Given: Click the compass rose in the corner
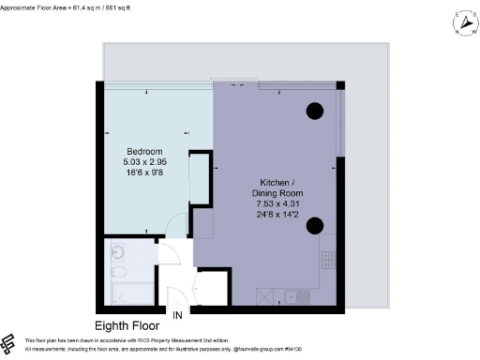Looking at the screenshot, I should [x=460, y=21].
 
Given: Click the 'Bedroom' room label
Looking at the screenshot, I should [x=145, y=152].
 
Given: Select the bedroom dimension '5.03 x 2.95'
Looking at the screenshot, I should [x=145, y=162].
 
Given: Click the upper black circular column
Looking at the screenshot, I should [x=314, y=110].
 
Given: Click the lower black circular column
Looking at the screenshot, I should [x=314, y=224].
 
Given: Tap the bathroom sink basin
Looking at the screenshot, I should [x=117, y=251].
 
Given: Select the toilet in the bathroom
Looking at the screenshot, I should [x=117, y=273].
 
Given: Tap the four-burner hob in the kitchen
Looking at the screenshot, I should [x=327, y=258].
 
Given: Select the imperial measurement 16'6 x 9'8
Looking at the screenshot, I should [x=145, y=172].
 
